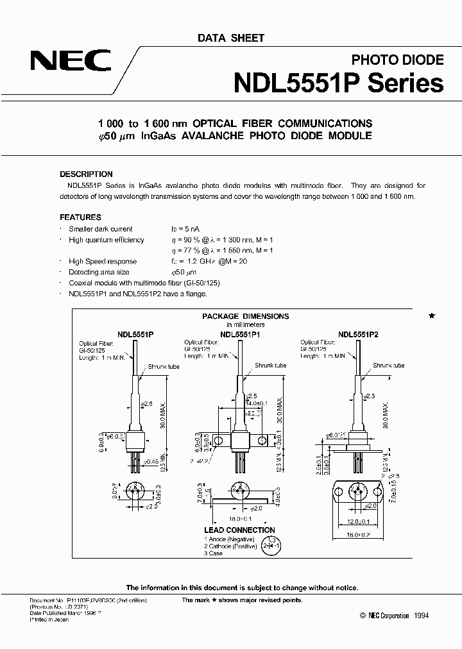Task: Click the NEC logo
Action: (70, 63)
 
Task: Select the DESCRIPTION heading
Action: (86, 174)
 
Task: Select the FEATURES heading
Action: (80, 217)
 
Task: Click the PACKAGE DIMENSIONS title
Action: (246, 316)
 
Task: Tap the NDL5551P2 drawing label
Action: (359, 334)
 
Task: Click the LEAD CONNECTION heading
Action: (239, 530)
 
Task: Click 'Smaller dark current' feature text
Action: (101, 229)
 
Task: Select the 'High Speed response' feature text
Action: (103, 262)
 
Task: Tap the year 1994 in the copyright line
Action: (421, 616)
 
